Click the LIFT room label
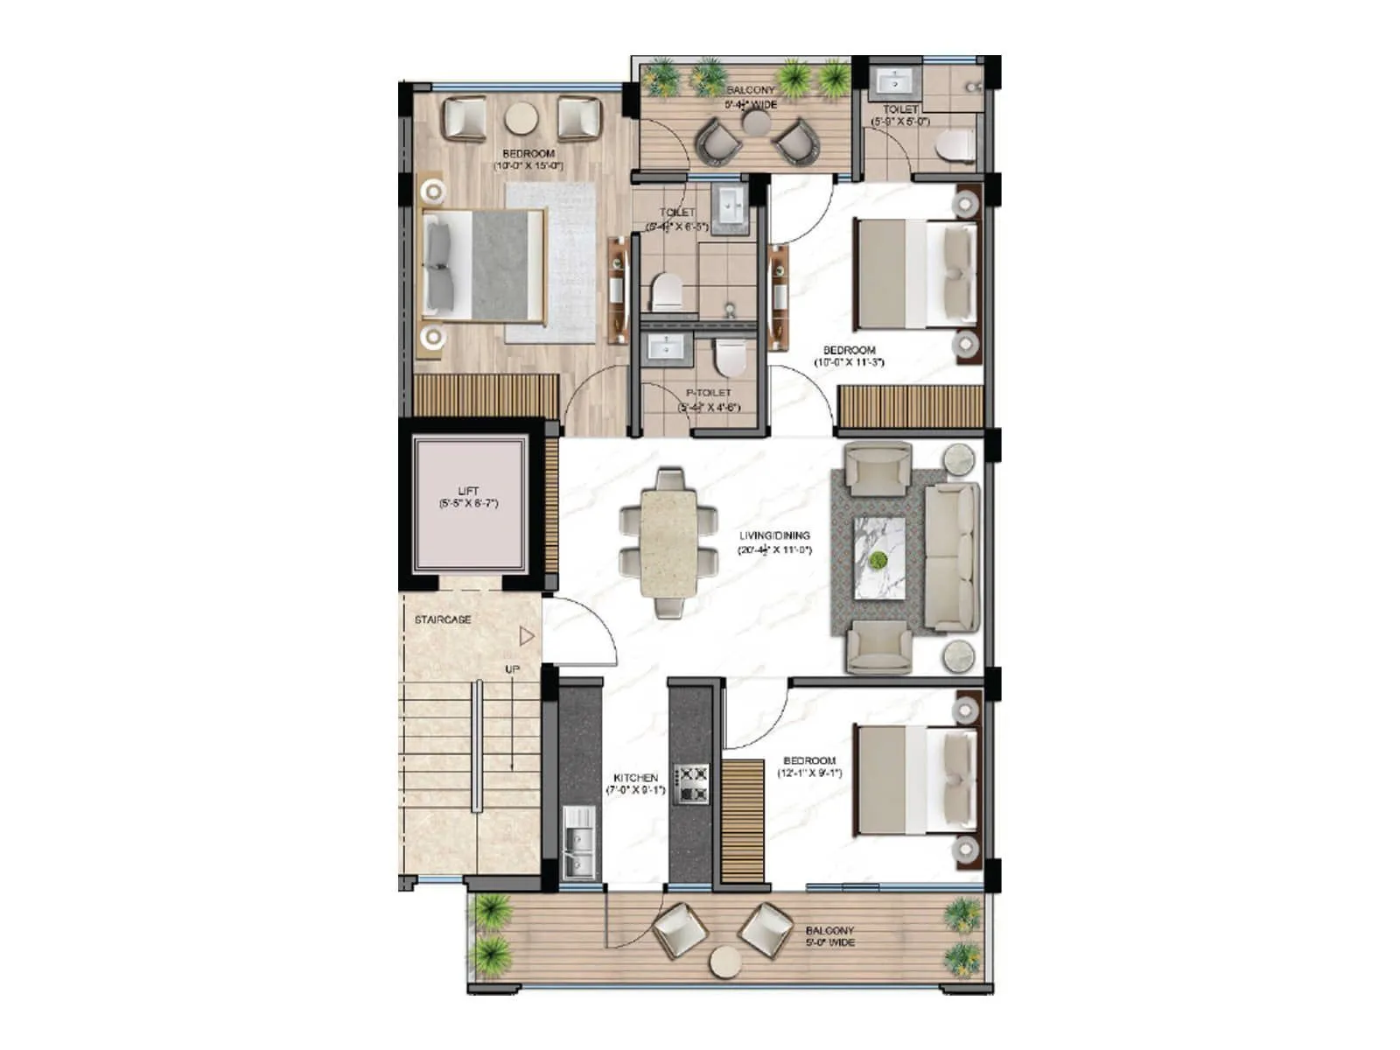468,492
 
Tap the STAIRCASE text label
443,619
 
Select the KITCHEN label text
635,778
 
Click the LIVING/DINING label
774,535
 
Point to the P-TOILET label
709,393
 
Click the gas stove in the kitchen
690,784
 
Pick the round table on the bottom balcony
725,962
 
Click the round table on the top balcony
756,122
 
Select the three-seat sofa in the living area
951,556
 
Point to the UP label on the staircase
512,669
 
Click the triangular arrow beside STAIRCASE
526,636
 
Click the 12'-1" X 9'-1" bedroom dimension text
809,773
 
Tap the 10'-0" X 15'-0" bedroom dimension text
528,165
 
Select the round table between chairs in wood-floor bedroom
521,117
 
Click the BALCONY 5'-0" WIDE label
829,936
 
